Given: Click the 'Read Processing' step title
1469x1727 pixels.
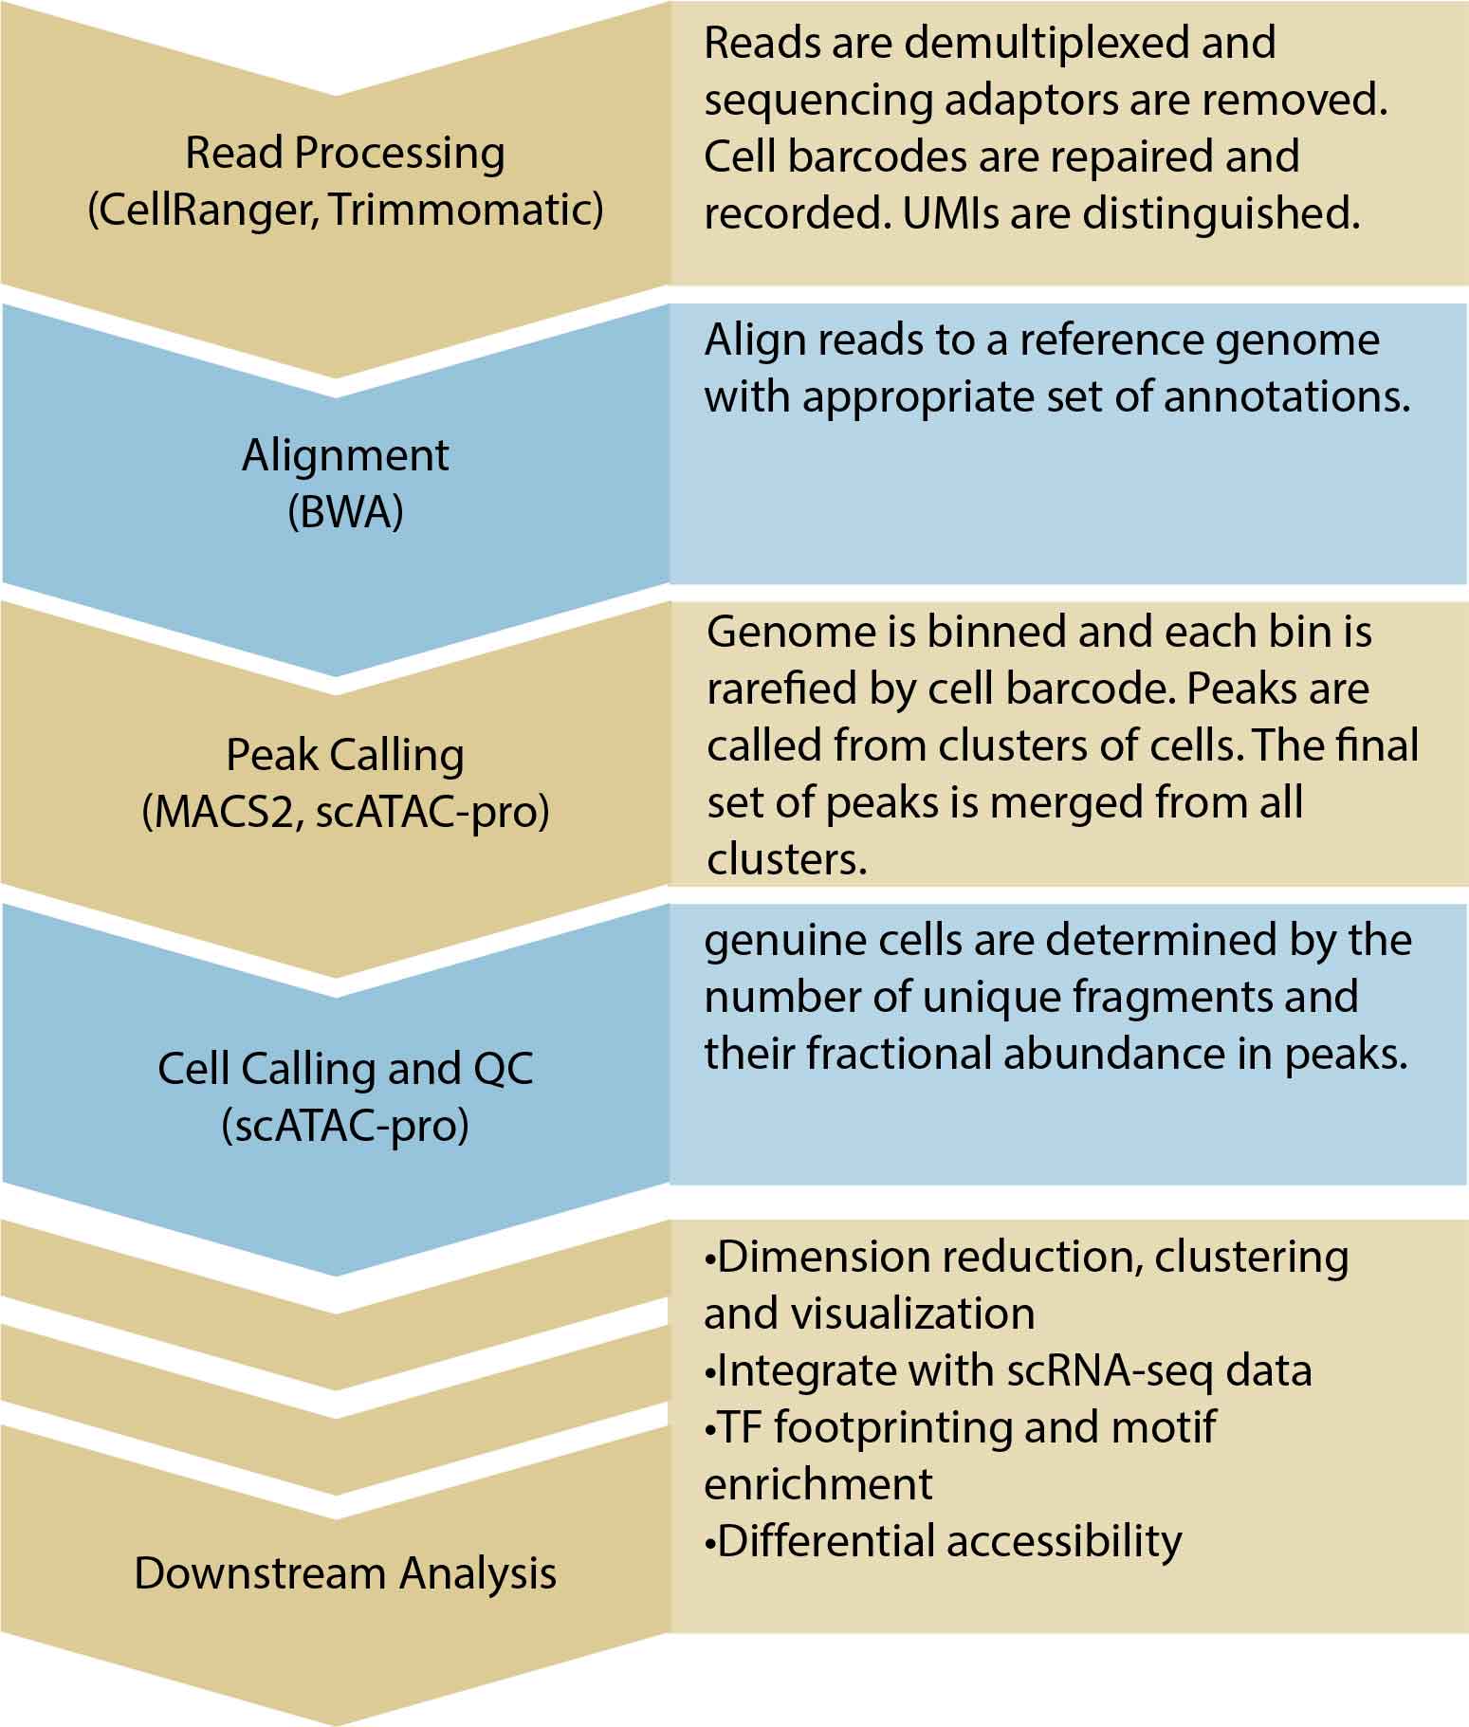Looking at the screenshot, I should (x=344, y=154).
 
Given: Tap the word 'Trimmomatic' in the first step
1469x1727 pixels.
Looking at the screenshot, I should (x=466, y=210).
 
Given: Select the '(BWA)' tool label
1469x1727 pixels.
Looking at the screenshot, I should (x=345, y=512).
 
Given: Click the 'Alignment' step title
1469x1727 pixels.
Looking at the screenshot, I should (x=345, y=455).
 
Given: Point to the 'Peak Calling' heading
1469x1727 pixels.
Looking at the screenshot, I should (x=345, y=756).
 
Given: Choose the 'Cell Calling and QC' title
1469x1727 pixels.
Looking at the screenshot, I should (x=345, y=1069).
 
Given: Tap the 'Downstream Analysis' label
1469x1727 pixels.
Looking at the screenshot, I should (x=345, y=1573).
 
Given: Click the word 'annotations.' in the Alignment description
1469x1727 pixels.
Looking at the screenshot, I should (x=1287, y=397).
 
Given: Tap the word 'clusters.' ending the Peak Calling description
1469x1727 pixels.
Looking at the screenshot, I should (x=786, y=859).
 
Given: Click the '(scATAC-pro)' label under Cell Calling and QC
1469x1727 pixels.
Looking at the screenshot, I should (x=345, y=1126).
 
